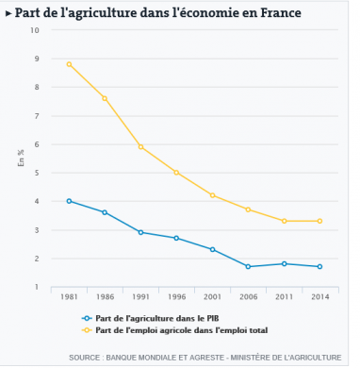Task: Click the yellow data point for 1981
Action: click(x=69, y=64)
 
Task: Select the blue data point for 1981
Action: click(x=69, y=201)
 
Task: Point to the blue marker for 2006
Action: click(x=248, y=267)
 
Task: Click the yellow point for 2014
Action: click(x=320, y=221)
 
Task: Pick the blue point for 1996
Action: click(x=176, y=238)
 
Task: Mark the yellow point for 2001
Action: click(x=213, y=195)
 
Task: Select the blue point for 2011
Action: click(x=285, y=264)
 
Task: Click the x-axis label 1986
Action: click(x=105, y=296)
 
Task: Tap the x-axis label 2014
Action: click(x=320, y=296)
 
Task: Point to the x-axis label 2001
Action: click(x=213, y=296)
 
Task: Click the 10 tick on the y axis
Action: click(x=35, y=30)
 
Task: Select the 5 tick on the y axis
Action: click(x=37, y=173)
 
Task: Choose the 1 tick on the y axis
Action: click(x=37, y=287)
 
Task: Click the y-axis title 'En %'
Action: click(x=21, y=159)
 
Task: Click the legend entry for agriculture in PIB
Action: click(x=155, y=318)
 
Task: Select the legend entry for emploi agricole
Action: click(x=174, y=331)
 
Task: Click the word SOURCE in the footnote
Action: click(x=88, y=358)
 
